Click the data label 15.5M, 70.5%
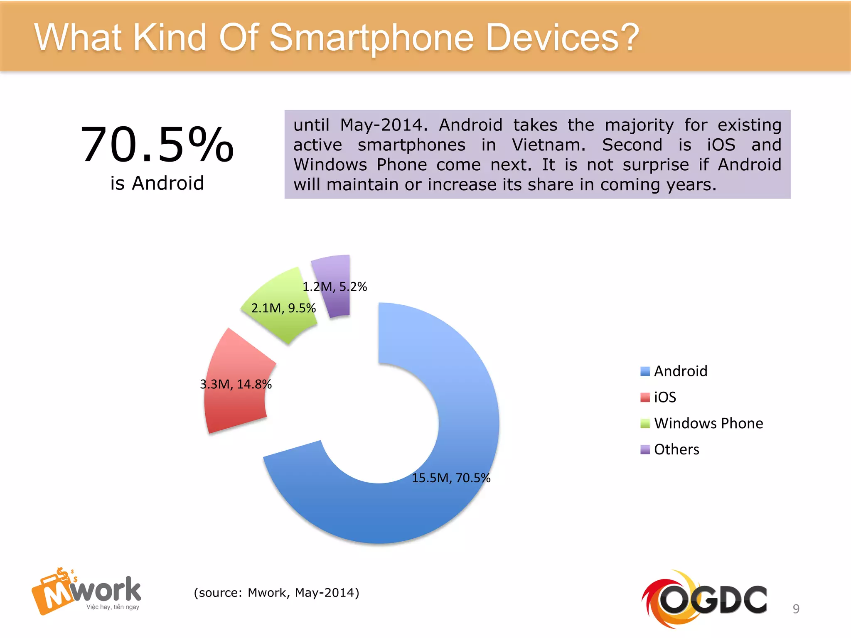pos(451,478)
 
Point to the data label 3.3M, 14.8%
pos(236,384)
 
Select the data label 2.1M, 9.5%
pos(283,308)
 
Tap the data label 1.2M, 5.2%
pos(334,287)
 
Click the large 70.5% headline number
pos(157,145)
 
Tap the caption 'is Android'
pos(157,183)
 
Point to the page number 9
pos(796,609)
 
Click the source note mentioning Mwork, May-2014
pos(276,593)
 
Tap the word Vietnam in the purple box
pos(548,145)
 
